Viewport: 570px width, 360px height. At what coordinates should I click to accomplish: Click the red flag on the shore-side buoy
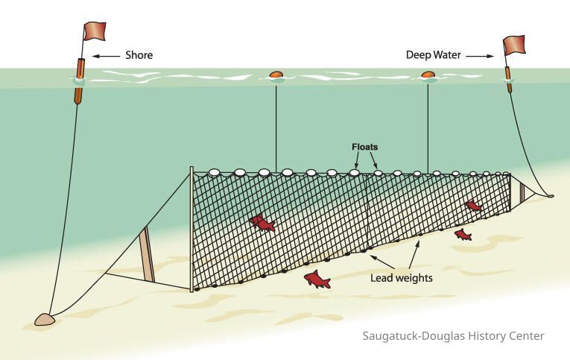point(95,31)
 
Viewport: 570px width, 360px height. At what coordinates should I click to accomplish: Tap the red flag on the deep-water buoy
point(514,45)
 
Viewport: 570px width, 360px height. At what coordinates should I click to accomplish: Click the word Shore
point(139,55)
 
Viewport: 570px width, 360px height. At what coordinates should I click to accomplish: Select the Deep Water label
point(434,55)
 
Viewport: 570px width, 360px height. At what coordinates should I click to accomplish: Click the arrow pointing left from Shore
point(107,55)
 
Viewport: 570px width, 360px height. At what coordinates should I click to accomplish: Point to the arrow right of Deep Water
point(481,55)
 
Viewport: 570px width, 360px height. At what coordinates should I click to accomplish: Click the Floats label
point(364,147)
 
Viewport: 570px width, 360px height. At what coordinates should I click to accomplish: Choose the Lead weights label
point(402,278)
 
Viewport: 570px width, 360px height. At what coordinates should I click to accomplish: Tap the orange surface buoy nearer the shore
point(276,75)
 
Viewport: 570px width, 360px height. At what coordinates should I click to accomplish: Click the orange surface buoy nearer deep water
point(428,75)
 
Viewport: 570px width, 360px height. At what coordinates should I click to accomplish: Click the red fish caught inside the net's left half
point(262,221)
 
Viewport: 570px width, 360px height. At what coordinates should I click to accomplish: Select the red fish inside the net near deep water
point(473,205)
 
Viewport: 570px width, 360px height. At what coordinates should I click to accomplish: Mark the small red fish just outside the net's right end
point(463,235)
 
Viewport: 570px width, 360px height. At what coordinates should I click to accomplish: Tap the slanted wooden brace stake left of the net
point(148,253)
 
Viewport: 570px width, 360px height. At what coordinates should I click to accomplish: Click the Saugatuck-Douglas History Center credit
point(453,336)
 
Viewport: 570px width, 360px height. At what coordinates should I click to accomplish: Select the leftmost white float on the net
point(215,172)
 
